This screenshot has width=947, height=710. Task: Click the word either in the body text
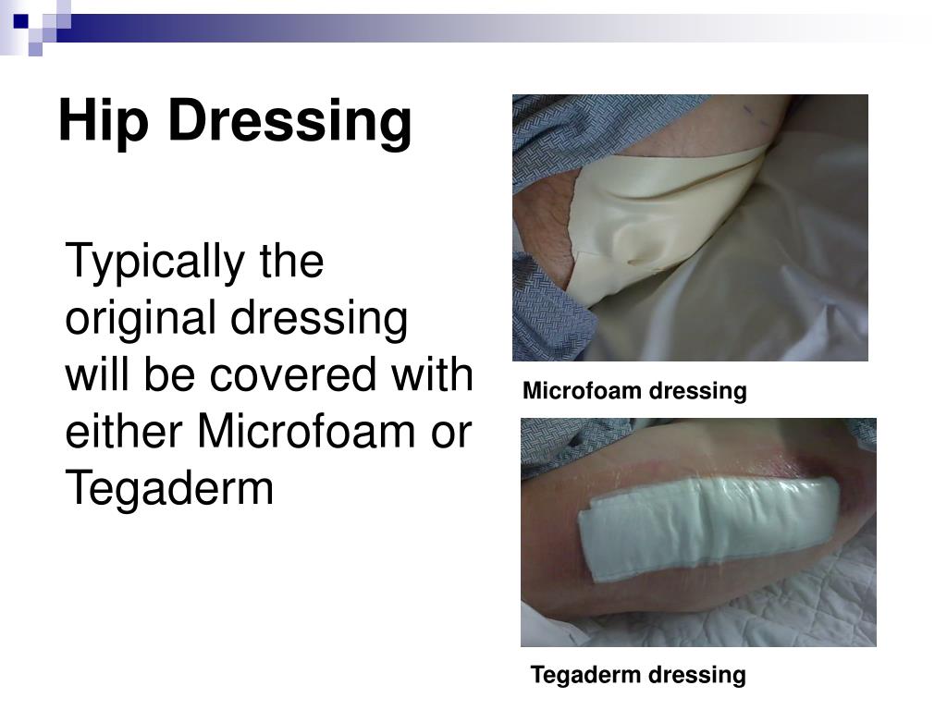point(124,431)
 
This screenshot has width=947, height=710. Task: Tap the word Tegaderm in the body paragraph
point(169,488)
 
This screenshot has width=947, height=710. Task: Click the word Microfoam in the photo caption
point(582,391)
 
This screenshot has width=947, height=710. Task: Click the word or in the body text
point(452,431)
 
